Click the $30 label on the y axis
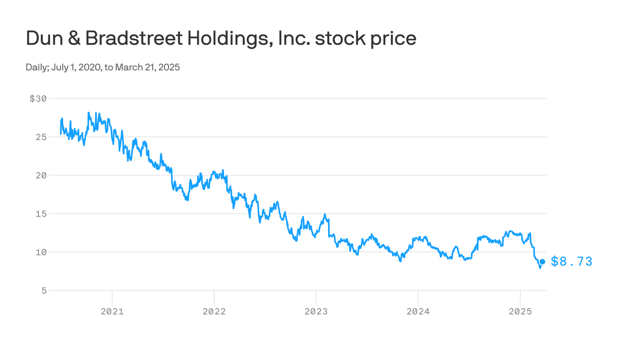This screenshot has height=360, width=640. (38, 99)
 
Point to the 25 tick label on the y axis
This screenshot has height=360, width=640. (41, 137)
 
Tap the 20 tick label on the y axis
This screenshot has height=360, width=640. (41, 176)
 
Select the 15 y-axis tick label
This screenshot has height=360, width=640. (41, 214)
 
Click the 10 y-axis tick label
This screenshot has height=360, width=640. (41, 253)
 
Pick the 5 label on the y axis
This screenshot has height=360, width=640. (44, 291)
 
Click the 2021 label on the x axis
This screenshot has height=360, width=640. (112, 311)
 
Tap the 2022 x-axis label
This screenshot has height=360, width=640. (214, 311)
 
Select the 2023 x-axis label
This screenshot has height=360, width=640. (316, 311)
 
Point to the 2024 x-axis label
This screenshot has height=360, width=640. (418, 311)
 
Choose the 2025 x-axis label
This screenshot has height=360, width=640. (520, 311)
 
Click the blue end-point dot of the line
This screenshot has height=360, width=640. (542, 262)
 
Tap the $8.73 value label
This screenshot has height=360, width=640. (572, 262)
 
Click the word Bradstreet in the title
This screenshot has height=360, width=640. (134, 38)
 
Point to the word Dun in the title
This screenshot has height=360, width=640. (45, 38)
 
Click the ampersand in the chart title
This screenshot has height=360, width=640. (74, 38)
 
